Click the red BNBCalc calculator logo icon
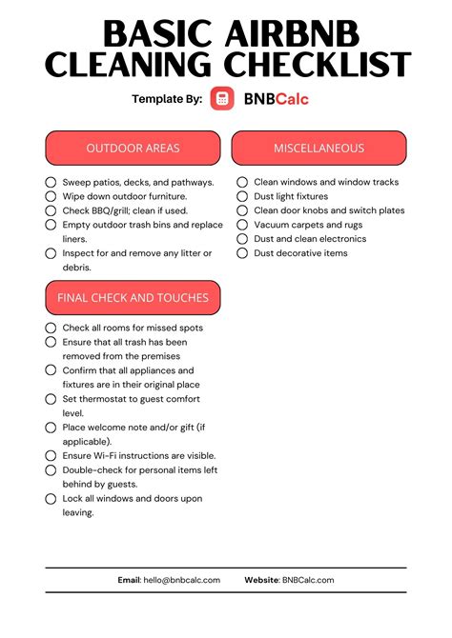click(222, 98)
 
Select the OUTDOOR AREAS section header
click(133, 149)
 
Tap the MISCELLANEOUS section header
click(318, 149)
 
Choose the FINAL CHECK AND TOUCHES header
click(133, 298)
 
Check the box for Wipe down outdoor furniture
click(51, 196)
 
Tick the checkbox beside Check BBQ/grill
click(51, 210)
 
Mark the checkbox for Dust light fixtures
click(242, 196)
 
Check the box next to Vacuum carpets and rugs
click(242, 225)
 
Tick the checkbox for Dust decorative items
click(242, 253)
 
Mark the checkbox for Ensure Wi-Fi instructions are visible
click(51, 456)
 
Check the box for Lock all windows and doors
click(51, 499)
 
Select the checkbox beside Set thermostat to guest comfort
click(51, 400)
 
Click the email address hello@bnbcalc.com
click(182, 580)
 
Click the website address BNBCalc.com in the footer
click(308, 580)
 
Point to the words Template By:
click(167, 98)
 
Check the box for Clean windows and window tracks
click(242, 182)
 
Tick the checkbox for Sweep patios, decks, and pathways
click(51, 182)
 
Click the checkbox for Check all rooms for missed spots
click(51, 328)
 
